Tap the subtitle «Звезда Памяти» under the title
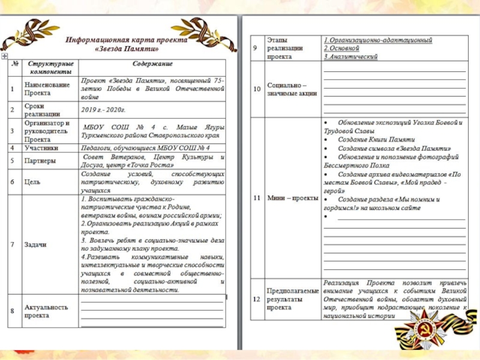(x=127, y=48)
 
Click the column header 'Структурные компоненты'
(x=49, y=67)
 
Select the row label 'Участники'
(x=41, y=147)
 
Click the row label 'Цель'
(x=32, y=181)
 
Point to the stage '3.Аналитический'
(x=350, y=56)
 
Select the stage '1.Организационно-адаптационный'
(x=378, y=39)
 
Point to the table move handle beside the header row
(x=5, y=55)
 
